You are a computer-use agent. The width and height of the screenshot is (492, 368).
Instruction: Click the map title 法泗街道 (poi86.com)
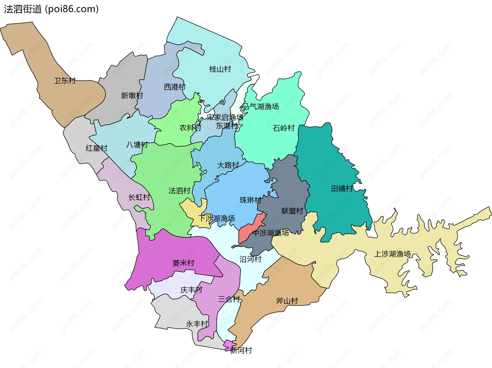(51, 9)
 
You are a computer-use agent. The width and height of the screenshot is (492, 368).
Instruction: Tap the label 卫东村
(65, 81)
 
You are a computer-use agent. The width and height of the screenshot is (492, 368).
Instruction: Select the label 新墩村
(132, 96)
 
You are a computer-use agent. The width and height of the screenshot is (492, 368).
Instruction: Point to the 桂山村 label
(220, 69)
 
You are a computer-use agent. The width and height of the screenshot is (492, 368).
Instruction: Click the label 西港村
(175, 87)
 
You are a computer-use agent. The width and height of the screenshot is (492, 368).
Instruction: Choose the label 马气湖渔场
(260, 106)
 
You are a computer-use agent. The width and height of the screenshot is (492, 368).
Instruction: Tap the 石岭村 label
(284, 128)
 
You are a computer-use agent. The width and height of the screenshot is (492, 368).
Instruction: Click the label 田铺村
(342, 189)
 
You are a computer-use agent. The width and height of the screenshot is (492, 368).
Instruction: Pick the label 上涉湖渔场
(392, 254)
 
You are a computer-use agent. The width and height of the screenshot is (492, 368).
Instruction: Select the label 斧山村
(287, 301)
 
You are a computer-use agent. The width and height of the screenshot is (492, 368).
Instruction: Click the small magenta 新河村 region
(229, 345)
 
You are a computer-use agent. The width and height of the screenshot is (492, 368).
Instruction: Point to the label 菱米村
(183, 263)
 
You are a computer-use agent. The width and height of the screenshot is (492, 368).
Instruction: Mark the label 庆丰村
(191, 290)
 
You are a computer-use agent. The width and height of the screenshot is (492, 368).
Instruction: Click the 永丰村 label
(197, 324)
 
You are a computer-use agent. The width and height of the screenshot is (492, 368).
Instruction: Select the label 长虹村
(139, 197)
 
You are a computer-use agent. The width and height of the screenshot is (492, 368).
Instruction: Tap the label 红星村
(96, 148)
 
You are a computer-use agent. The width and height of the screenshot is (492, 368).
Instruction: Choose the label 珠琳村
(250, 200)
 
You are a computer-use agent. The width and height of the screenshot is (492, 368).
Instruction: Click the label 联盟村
(292, 211)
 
